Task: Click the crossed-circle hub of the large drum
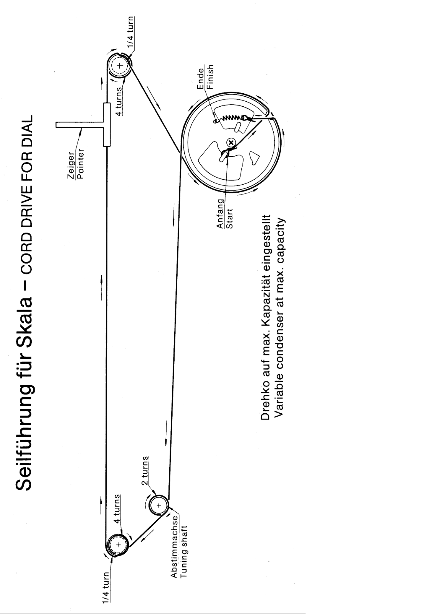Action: click(231, 143)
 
